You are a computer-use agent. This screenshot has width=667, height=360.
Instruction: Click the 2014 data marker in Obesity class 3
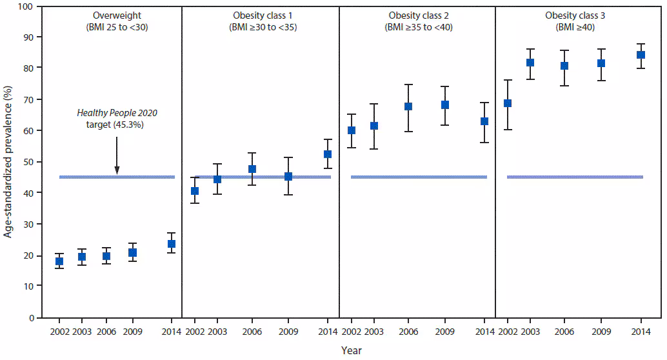click(641, 55)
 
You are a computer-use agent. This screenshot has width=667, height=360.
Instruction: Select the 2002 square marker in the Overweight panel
click(59, 261)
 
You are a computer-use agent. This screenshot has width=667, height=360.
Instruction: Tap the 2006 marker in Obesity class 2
click(408, 106)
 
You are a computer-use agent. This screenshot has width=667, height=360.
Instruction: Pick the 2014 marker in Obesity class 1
click(328, 154)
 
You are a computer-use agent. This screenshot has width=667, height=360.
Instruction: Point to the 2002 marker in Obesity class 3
click(508, 103)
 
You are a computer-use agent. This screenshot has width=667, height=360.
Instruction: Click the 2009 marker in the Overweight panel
click(132, 252)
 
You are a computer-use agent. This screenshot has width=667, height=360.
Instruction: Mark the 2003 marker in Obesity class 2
click(373, 126)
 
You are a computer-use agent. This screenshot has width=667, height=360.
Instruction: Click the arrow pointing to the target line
click(117, 155)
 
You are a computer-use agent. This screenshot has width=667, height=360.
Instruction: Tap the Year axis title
click(352, 350)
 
